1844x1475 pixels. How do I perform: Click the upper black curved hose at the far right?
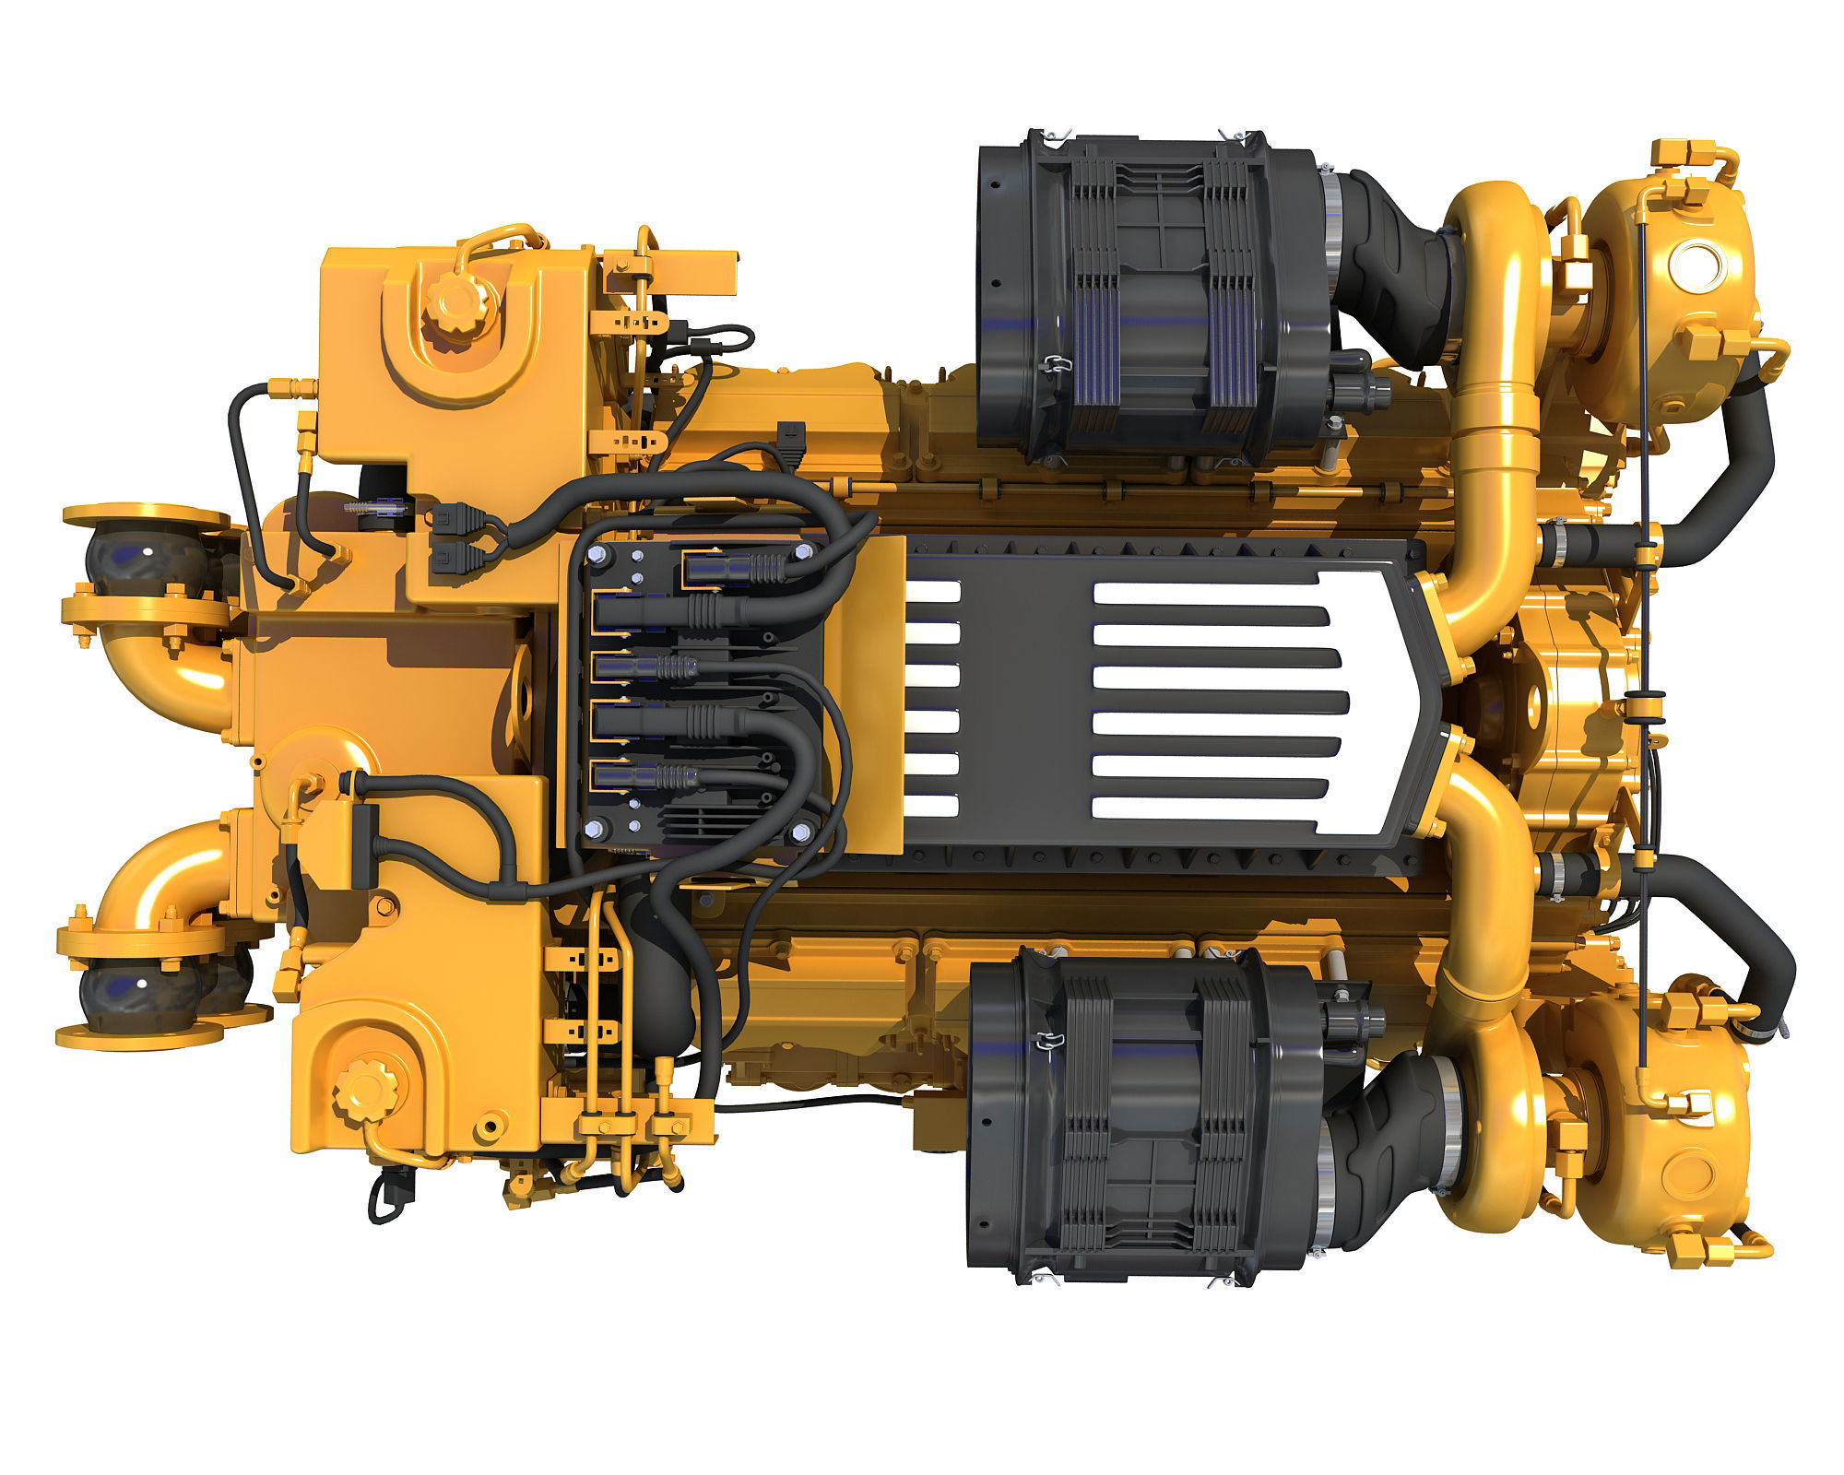coord(1733,479)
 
